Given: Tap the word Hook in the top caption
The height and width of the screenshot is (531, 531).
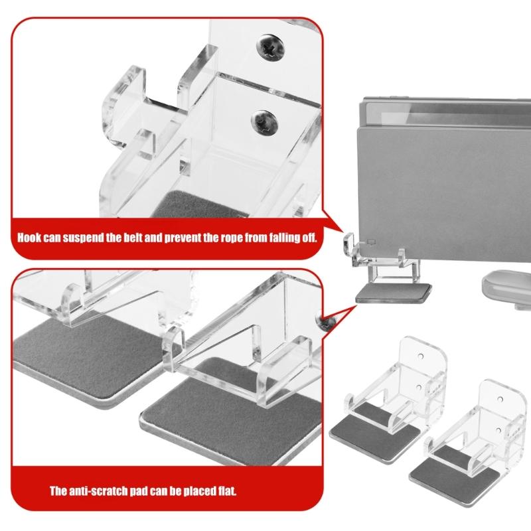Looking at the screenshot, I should click(31, 237).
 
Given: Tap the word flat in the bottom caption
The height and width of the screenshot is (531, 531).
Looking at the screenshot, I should click(225, 492).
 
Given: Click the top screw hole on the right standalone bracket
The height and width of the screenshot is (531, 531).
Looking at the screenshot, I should click(502, 400).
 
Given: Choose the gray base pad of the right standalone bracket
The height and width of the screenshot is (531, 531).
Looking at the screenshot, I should click(453, 473).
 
